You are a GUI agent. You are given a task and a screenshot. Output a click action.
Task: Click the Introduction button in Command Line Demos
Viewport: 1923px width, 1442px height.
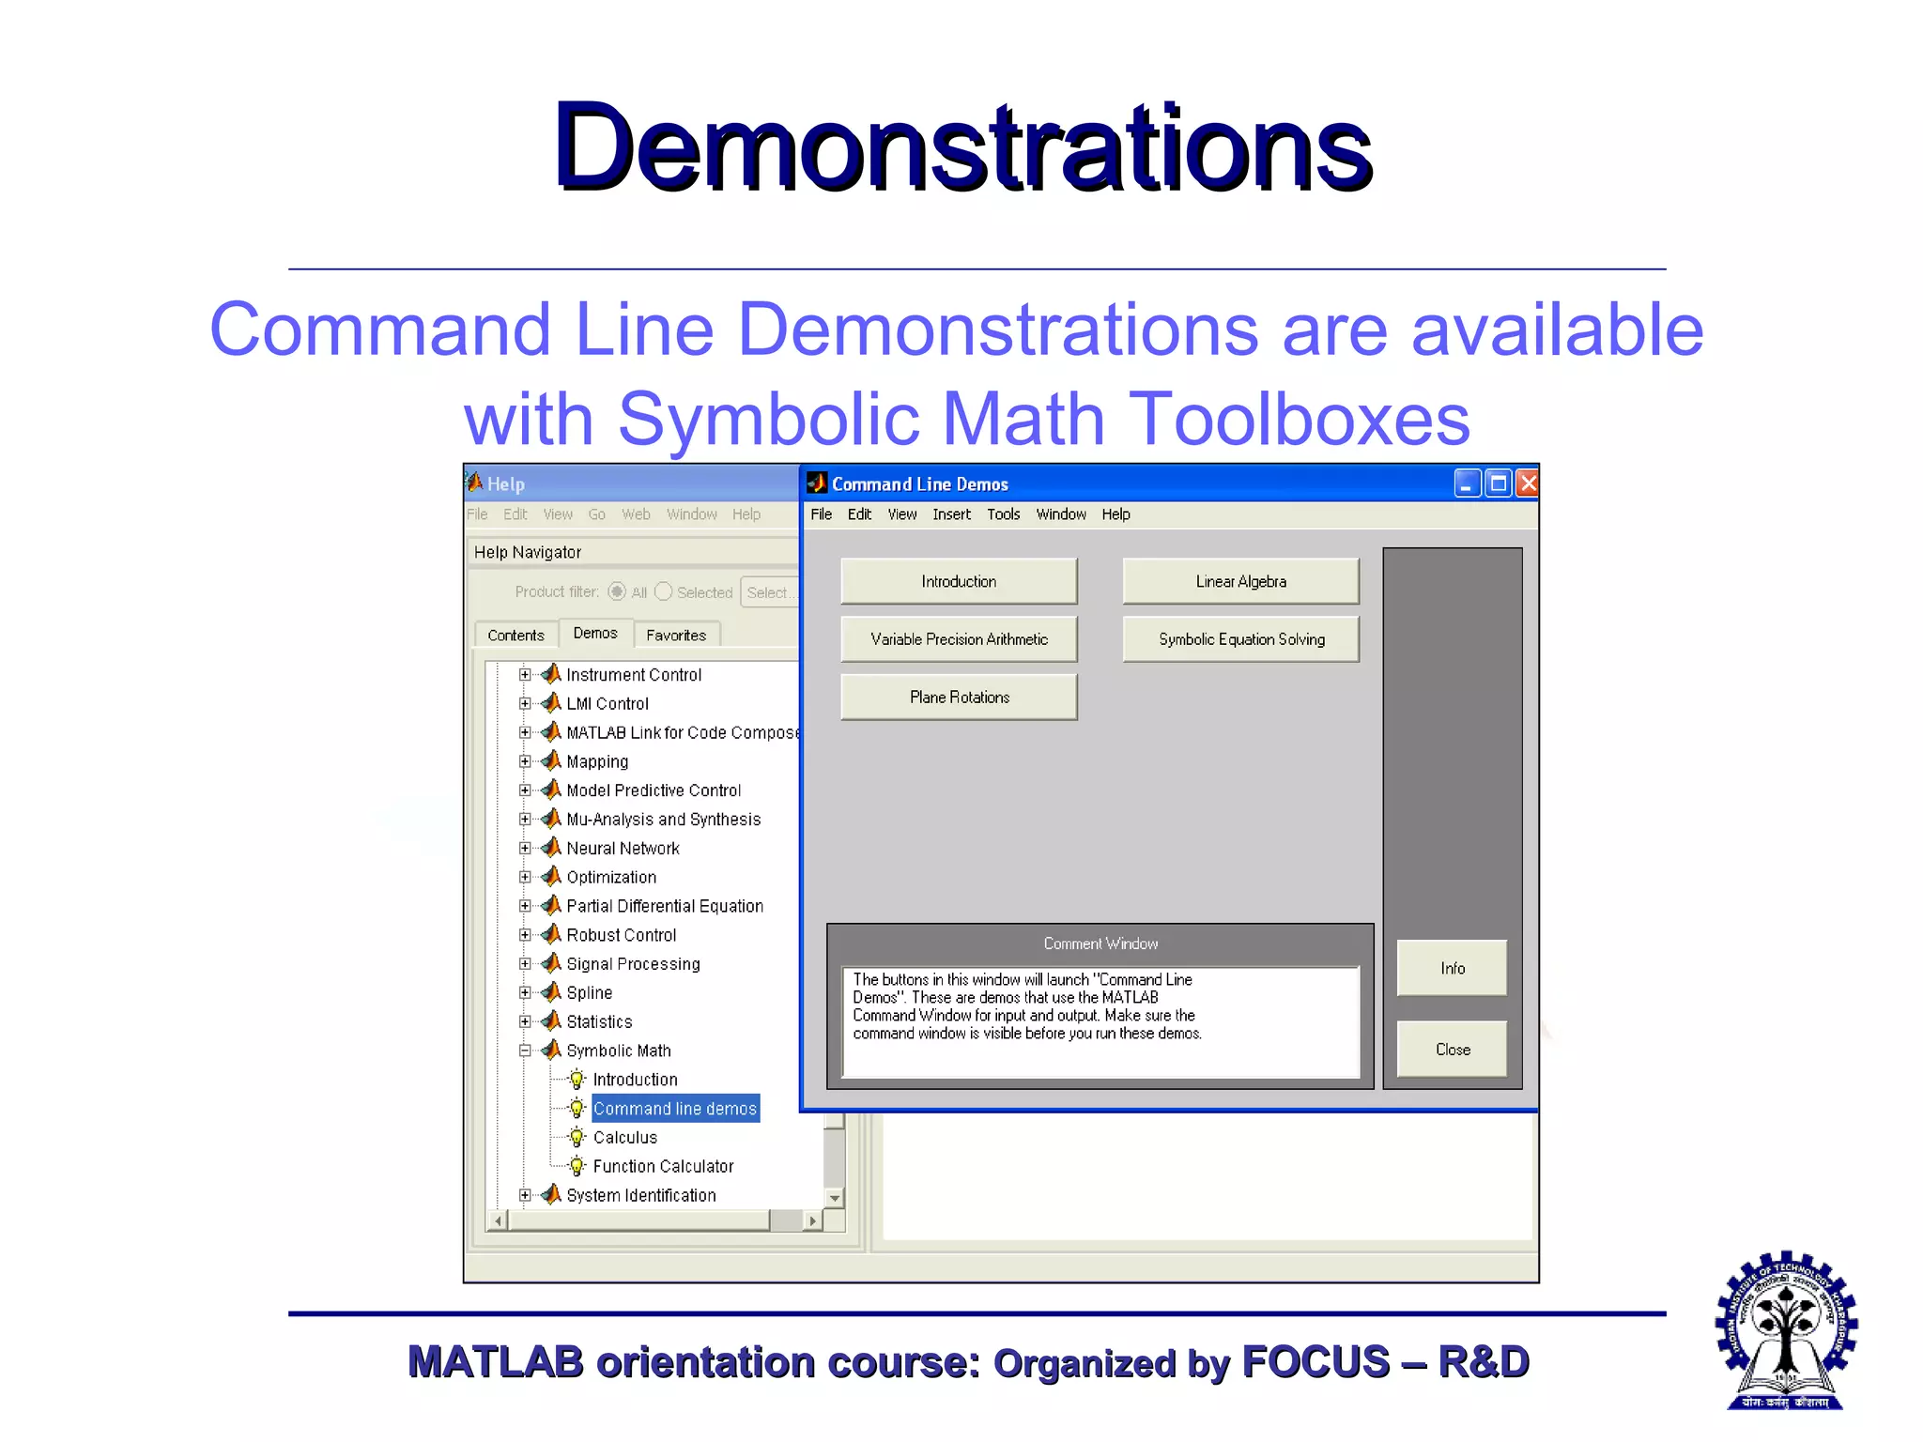[x=959, y=581]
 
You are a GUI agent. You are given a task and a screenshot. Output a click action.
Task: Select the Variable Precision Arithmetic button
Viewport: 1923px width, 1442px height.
[x=959, y=639]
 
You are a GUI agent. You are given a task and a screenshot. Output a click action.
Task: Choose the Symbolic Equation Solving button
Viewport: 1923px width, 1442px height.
[x=1240, y=639]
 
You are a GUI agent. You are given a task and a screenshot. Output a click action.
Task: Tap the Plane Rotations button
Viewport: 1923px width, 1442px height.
[x=959, y=698]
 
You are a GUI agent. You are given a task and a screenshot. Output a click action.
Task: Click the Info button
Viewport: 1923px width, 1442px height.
[x=1452, y=968]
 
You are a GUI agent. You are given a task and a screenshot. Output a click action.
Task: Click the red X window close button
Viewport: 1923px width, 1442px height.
[x=1529, y=483]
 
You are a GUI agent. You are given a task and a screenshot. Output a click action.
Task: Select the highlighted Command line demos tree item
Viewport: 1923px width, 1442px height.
[x=674, y=1109]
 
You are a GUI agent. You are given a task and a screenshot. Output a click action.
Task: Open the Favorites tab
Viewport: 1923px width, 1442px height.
[x=676, y=636]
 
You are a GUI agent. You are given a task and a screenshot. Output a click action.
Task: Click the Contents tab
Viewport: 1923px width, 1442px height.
[x=515, y=636]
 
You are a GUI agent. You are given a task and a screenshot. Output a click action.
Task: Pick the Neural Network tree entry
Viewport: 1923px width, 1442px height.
[x=623, y=849]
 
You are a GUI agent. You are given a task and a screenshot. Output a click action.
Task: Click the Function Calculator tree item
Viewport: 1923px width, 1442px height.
[x=663, y=1167]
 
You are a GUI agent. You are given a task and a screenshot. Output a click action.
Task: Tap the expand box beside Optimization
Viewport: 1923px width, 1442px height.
[x=525, y=877]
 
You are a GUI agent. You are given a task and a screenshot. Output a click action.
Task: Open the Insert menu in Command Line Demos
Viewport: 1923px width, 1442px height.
[x=951, y=514]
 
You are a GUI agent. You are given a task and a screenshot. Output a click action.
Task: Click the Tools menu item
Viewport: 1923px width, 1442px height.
[x=1003, y=514]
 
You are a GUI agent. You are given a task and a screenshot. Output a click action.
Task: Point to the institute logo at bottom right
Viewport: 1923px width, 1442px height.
[x=1786, y=1330]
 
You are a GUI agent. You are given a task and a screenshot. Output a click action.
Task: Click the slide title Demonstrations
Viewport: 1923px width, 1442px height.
[x=963, y=147]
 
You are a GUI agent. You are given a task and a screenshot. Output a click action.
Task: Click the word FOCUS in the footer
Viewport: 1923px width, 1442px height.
[x=1315, y=1362]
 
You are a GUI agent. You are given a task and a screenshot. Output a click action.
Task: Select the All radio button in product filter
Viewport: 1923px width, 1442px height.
[x=617, y=591]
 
